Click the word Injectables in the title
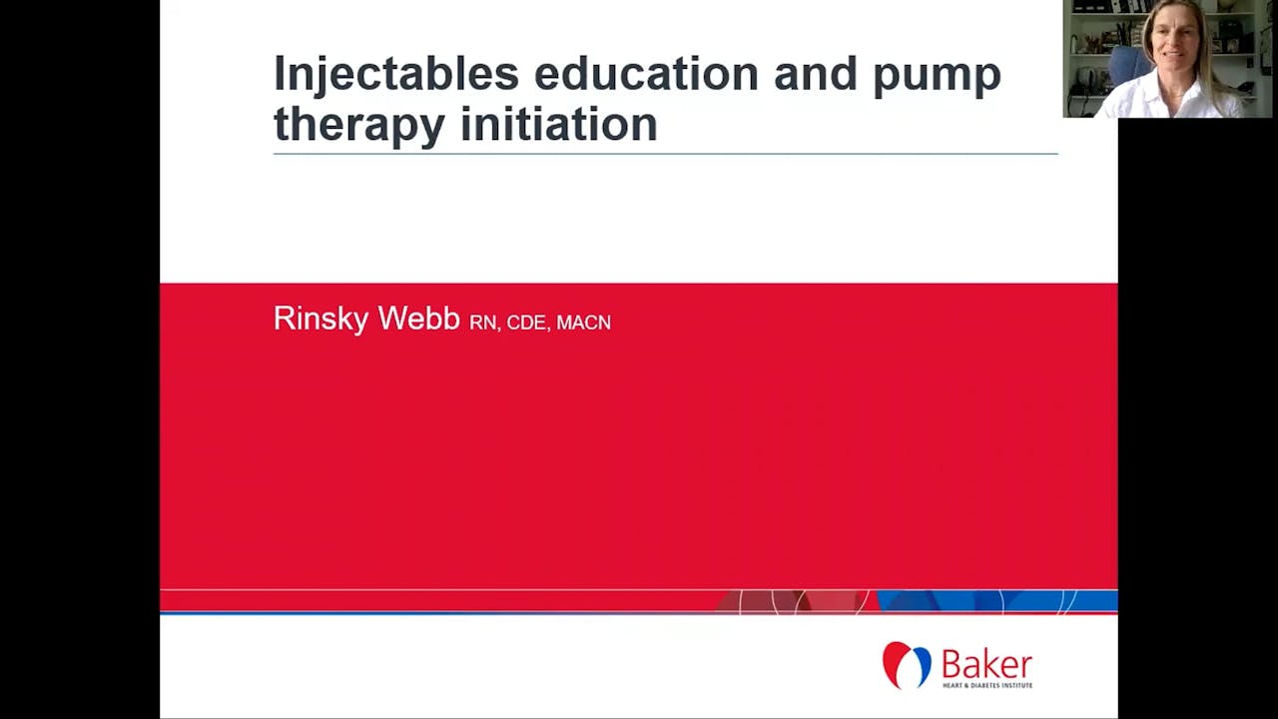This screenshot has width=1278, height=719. click(396, 75)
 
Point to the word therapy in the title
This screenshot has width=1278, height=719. click(359, 127)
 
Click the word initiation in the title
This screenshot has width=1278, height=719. click(558, 125)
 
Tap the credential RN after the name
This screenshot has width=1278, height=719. click(482, 323)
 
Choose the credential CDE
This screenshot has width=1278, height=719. click(526, 323)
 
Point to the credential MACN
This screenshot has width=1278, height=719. click(583, 323)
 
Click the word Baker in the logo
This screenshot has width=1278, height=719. click(986, 664)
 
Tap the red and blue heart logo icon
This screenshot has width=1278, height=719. click(907, 665)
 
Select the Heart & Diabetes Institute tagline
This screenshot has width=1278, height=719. click(986, 685)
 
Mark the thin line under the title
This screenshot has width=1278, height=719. click(665, 154)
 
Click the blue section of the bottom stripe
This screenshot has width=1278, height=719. click(998, 601)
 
